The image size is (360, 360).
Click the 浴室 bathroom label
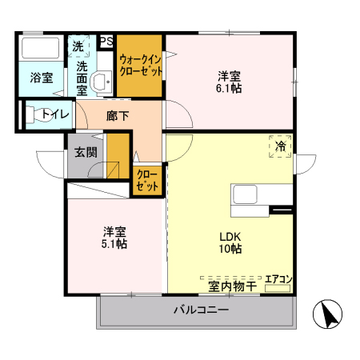pos(42,78)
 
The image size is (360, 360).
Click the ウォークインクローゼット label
pos(141,65)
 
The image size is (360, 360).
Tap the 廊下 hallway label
pos(117,116)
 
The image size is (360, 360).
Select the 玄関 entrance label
pos(86,151)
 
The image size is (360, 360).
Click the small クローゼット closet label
pos(146,180)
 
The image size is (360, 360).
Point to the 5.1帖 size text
pos(114,244)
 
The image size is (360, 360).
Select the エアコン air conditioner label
pos(278,278)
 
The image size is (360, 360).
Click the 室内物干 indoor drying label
pos(233,286)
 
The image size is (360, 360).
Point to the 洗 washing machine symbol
pos(78,46)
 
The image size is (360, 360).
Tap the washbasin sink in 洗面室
pos(102,82)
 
